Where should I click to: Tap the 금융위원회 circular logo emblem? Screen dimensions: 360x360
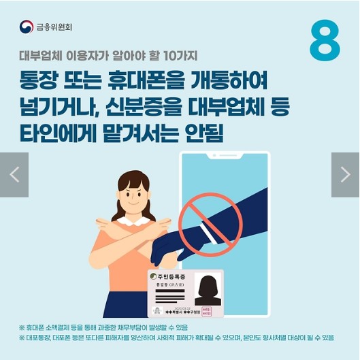click(x=27, y=27)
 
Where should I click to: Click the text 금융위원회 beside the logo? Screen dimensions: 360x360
click(x=54, y=28)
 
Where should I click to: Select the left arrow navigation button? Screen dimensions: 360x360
click(x=14, y=175)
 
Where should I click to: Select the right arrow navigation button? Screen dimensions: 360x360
click(x=345, y=175)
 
